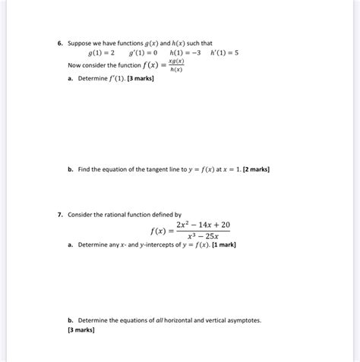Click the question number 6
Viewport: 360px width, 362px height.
[x=59, y=43]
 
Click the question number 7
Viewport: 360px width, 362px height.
[x=59, y=215]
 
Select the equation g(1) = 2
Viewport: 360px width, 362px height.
[x=101, y=54]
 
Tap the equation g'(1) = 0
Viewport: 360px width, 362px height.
[x=143, y=54]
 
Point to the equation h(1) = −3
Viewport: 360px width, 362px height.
[x=185, y=54]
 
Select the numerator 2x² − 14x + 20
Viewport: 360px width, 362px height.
[x=202, y=225]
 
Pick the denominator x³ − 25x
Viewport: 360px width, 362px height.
[x=202, y=238]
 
